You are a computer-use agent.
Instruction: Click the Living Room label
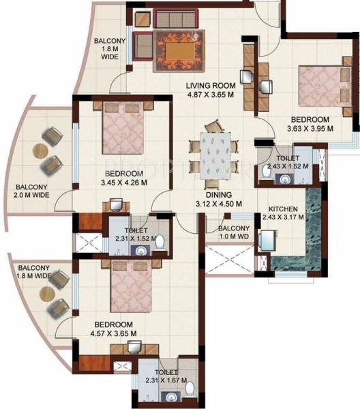pos(211,85)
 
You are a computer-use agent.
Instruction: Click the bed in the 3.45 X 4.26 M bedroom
pos(124,129)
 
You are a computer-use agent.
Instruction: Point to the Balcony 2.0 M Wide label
pos(31,192)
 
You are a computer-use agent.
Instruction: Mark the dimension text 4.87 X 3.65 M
pos(211,95)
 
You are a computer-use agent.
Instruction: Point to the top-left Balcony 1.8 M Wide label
pos(106,48)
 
